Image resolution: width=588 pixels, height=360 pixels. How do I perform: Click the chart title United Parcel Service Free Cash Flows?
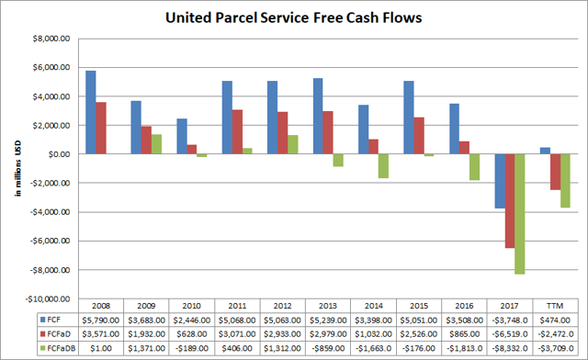click(x=294, y=17)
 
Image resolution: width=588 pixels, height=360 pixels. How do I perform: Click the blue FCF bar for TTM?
click(x=544, y=151)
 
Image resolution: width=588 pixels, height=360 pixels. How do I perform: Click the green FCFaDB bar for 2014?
click(x=384, y=166)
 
